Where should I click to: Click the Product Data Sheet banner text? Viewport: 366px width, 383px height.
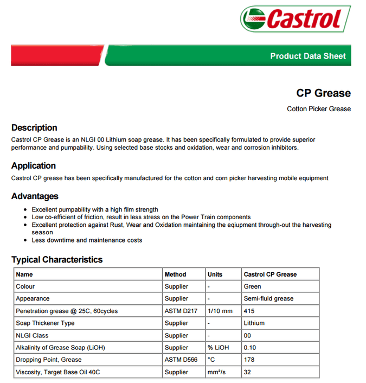pos(307,56)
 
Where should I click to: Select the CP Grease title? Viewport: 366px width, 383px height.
pos(323,93)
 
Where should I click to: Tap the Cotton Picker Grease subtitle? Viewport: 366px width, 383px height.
pos(319,109)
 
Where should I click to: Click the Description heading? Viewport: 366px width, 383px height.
pos(34,128)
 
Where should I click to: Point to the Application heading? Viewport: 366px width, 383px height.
pos(34,166)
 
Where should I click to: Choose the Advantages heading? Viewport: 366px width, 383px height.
pos(35,196)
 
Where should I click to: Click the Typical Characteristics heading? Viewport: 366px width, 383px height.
pos(57,260)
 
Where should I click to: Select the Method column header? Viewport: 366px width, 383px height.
pos(175,275)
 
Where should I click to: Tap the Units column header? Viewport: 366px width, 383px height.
pos(215,275)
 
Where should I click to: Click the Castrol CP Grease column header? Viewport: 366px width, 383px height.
pos(270,275)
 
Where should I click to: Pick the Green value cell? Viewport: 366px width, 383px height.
pos(252,286)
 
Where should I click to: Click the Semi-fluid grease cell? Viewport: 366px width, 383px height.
pos(268,299)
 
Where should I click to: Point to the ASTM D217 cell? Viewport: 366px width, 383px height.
pos(181,311)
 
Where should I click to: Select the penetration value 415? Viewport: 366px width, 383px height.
pos(249,311)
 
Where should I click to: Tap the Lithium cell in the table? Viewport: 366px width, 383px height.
pos(254,323)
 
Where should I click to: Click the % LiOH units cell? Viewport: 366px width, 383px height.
pos(217,348)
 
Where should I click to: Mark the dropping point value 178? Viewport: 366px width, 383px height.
pos(249,360)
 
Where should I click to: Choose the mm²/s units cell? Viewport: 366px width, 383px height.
pos(217,372)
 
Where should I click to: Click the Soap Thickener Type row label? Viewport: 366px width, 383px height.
pos(45,323)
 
